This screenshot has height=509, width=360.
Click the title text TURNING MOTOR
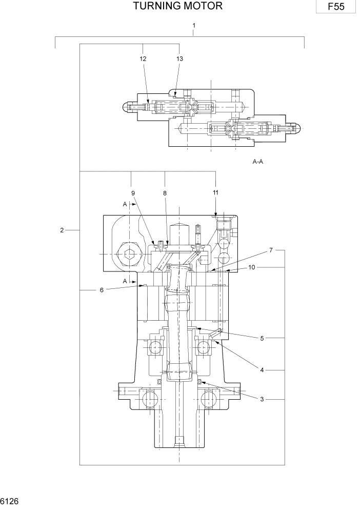(x=177, y=6)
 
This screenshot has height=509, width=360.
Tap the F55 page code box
(x=336, y=8)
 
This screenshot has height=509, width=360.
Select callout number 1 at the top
(x=193, y=25)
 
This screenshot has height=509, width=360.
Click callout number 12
(x=143, y=59)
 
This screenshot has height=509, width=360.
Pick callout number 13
(x=179, y=59)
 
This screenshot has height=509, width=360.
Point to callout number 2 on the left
(x=62, y=230)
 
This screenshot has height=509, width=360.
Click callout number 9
(x=133, y=193)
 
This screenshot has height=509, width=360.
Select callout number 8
(x=165, y=193)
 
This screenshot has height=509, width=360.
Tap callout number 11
(x=215, y=192)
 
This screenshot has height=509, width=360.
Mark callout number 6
(x=102, y=290)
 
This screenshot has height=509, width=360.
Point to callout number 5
(x=262, y=338)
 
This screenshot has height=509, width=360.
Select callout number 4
(x=262, y=369)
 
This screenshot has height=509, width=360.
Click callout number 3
(x=262, y=399)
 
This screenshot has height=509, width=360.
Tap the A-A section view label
(x=258, y=162)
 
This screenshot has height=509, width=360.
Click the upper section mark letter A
(x=125, y=204)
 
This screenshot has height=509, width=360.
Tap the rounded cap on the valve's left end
(x=125, y=107)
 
